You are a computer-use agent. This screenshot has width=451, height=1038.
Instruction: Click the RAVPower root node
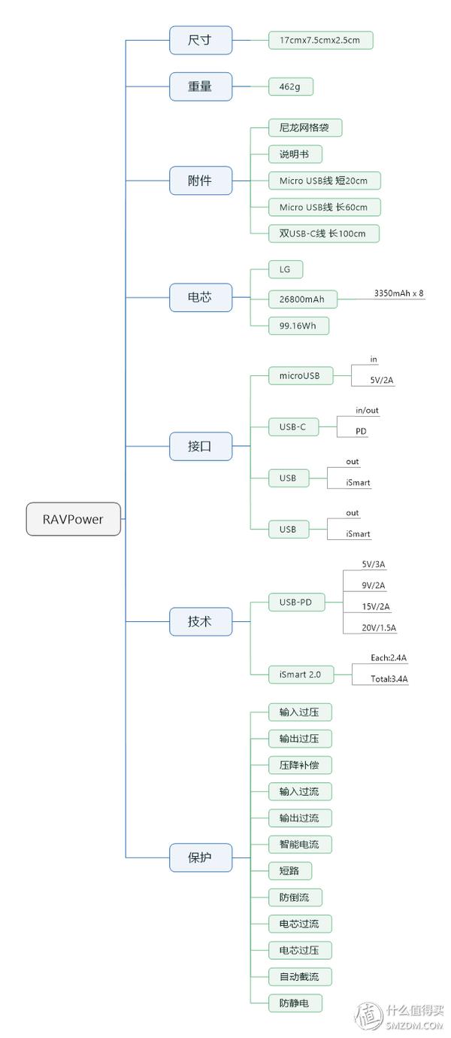pos(73,519)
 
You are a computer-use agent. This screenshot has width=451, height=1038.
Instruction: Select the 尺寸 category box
pos(200,40)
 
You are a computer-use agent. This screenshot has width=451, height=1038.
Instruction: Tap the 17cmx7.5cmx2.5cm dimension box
pos(321,41)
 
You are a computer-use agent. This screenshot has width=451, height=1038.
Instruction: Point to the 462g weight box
pos(290,86)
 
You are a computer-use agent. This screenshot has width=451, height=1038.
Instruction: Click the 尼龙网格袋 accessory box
pos(304,128)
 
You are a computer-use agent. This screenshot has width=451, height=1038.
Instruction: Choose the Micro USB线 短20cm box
pos(324,181)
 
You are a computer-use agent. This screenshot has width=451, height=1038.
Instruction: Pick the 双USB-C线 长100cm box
pos(323,233)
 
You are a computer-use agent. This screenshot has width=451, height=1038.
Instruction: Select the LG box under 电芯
pos(285,269)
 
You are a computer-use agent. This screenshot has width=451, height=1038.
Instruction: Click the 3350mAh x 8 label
pos(399,293)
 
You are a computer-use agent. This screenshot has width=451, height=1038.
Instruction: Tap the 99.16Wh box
pos(298,326)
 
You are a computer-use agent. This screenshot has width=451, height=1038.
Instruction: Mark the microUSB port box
pos(300,375)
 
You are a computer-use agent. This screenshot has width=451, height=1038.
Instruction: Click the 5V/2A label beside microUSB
pos(382,380)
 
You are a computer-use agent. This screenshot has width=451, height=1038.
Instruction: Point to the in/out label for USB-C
pos(367,411)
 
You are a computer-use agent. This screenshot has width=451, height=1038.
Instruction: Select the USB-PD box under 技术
pos(296,602)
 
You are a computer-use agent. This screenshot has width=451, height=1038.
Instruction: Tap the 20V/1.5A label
pos(379,627)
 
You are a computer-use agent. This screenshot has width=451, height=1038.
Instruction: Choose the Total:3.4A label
pos(389,678)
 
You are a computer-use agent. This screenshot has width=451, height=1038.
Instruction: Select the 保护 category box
pos(200,857)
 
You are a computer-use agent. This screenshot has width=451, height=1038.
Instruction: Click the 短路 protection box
pos(289,871)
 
